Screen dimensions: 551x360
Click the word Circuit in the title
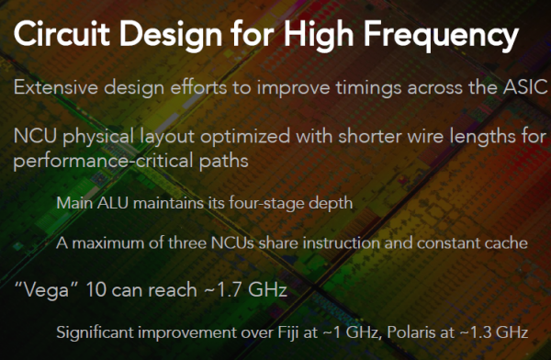coord(62,33)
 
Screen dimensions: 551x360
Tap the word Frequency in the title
coord(441,36)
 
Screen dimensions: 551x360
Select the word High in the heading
coord(319,36)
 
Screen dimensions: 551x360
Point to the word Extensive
coord(55,87)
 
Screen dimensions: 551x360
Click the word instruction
coord(342,243)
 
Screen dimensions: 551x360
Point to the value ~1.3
coord(478,332)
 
